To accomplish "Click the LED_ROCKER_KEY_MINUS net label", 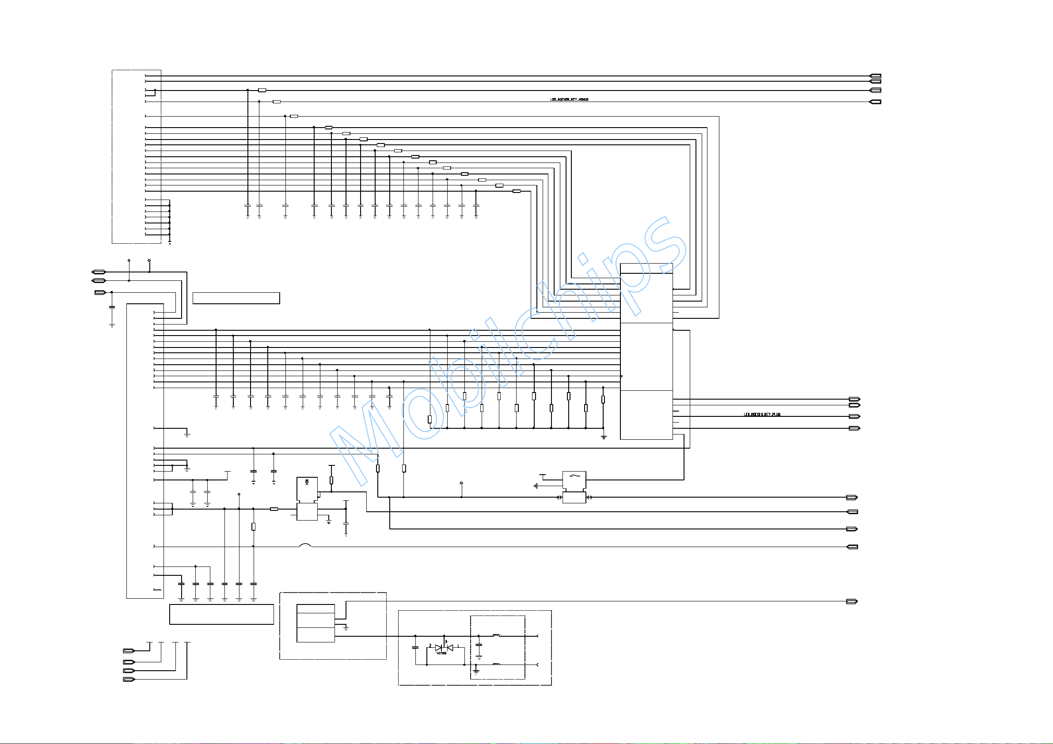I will (569, 99).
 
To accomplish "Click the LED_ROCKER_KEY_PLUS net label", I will (762, 415).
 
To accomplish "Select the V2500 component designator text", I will (441, 653).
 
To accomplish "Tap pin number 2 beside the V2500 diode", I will (430, 646).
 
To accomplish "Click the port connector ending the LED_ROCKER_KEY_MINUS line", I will (875, 102).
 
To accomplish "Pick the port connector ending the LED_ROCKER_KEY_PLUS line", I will (854, 416).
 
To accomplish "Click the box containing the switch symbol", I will (574, 480).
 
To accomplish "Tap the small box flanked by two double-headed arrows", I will (574, 497).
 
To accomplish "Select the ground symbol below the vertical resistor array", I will (604, 437).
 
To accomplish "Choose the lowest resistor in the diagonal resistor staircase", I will (517, 191).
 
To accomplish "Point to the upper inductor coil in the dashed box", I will (496, 635).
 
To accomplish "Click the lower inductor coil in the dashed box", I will (496, 664).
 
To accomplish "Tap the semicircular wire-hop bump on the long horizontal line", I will (305, 545).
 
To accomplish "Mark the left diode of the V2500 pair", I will (438, 648).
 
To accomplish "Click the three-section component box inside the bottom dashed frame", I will (316, 623).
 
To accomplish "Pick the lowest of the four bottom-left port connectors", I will (129, 680).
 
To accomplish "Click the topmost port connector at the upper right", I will (875, 76).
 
